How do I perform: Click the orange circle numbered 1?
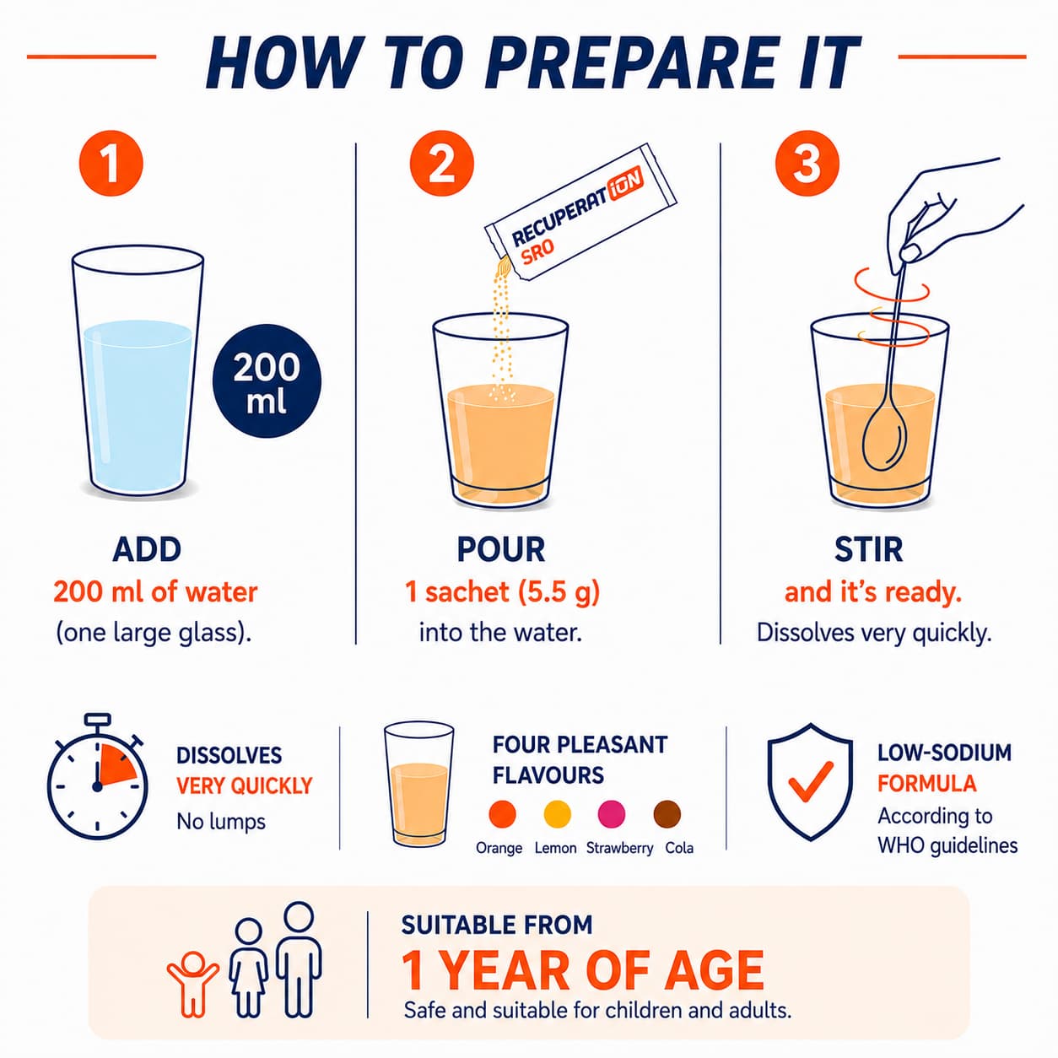click(111, 163)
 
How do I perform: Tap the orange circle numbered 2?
click(441, 163)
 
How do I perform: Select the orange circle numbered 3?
click(807, 163)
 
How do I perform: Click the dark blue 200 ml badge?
click(267, 382)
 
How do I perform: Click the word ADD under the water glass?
click(147, 549)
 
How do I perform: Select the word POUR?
click(501, 549)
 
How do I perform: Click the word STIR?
click(868, 549)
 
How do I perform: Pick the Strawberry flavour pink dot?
click(612, 813)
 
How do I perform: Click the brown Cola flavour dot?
click(667, 813)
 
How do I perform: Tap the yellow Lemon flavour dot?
click(558, 813)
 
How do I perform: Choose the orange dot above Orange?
click(502, 813)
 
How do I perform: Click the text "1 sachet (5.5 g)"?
click(502, 592)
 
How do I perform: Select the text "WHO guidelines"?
click(947, 845)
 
